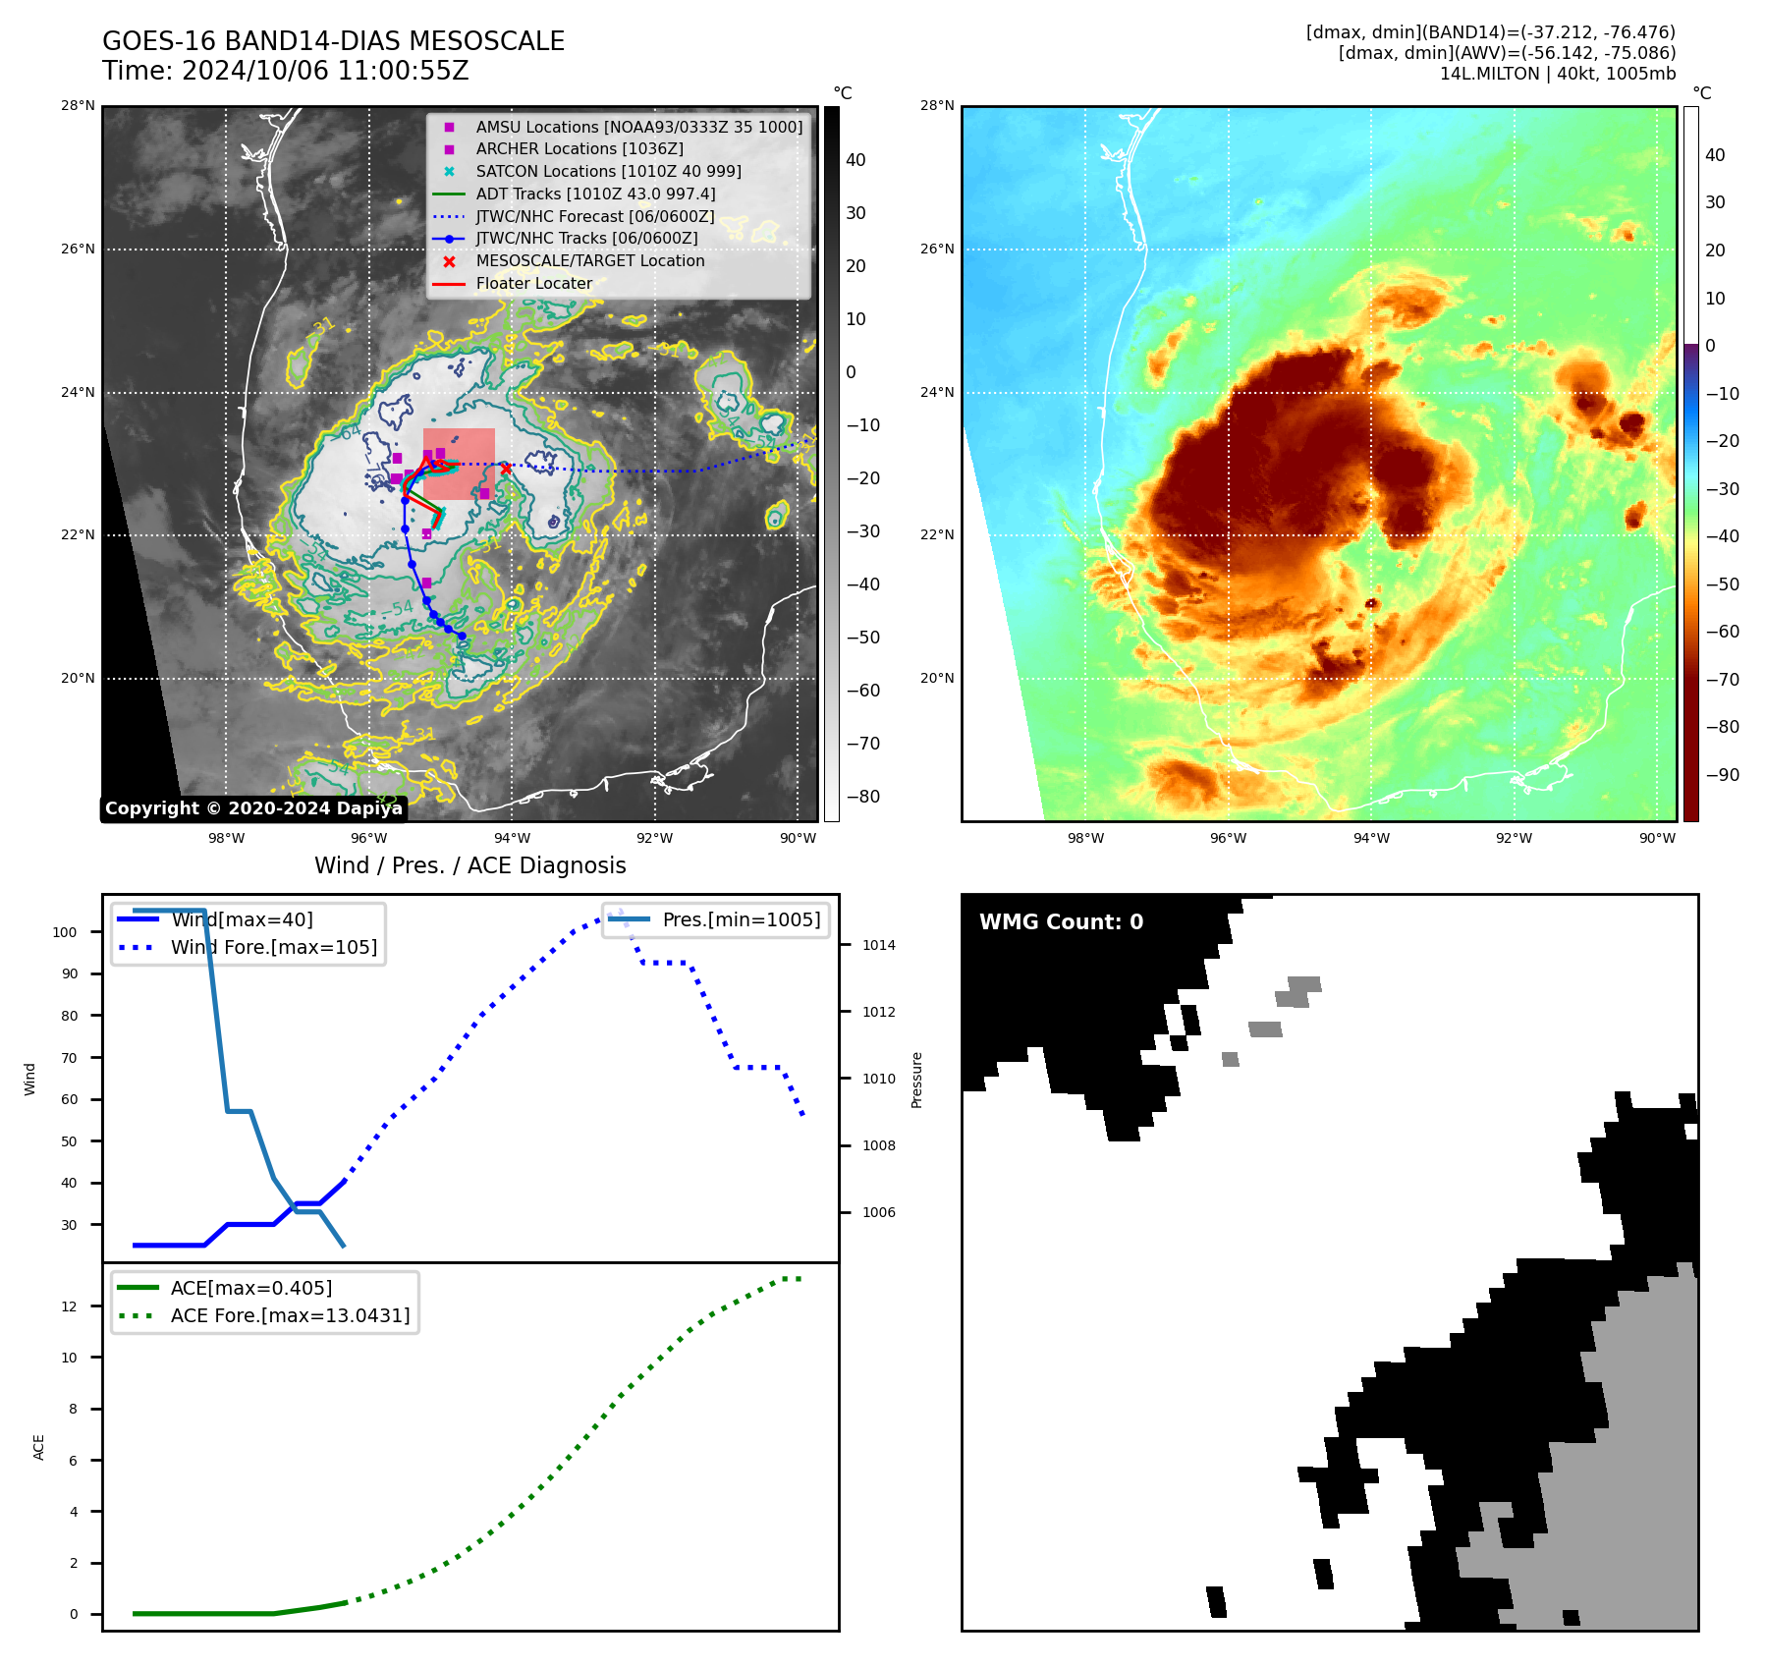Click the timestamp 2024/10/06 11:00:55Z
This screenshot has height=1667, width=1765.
[324, 72]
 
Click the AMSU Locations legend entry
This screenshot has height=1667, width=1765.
[638, 127]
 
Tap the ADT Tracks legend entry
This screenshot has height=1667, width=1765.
[595, 194]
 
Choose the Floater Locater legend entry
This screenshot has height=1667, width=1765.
[533, 283]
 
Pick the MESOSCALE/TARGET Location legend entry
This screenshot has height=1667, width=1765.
[589, 260]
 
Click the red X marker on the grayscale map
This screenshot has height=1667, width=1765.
[506, 469]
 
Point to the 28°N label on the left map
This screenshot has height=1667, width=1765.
[79, 106]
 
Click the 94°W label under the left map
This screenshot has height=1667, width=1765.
[512, 838]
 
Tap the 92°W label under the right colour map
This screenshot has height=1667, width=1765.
[1514, 838]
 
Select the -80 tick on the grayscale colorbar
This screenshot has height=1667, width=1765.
[863, 797]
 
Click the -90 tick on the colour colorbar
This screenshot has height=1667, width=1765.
[1722, 775]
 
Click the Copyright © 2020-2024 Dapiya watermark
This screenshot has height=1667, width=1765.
[253, 808]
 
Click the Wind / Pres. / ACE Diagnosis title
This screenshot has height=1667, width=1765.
[469, 865]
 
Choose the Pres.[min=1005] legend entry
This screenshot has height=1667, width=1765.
[741, 919]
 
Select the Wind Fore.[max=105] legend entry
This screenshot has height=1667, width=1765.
[273, 947]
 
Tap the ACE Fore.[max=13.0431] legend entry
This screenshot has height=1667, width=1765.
[290, 1315]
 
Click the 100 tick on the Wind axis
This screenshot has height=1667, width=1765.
[65, 932]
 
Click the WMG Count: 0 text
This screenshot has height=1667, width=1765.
[1061, 921]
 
